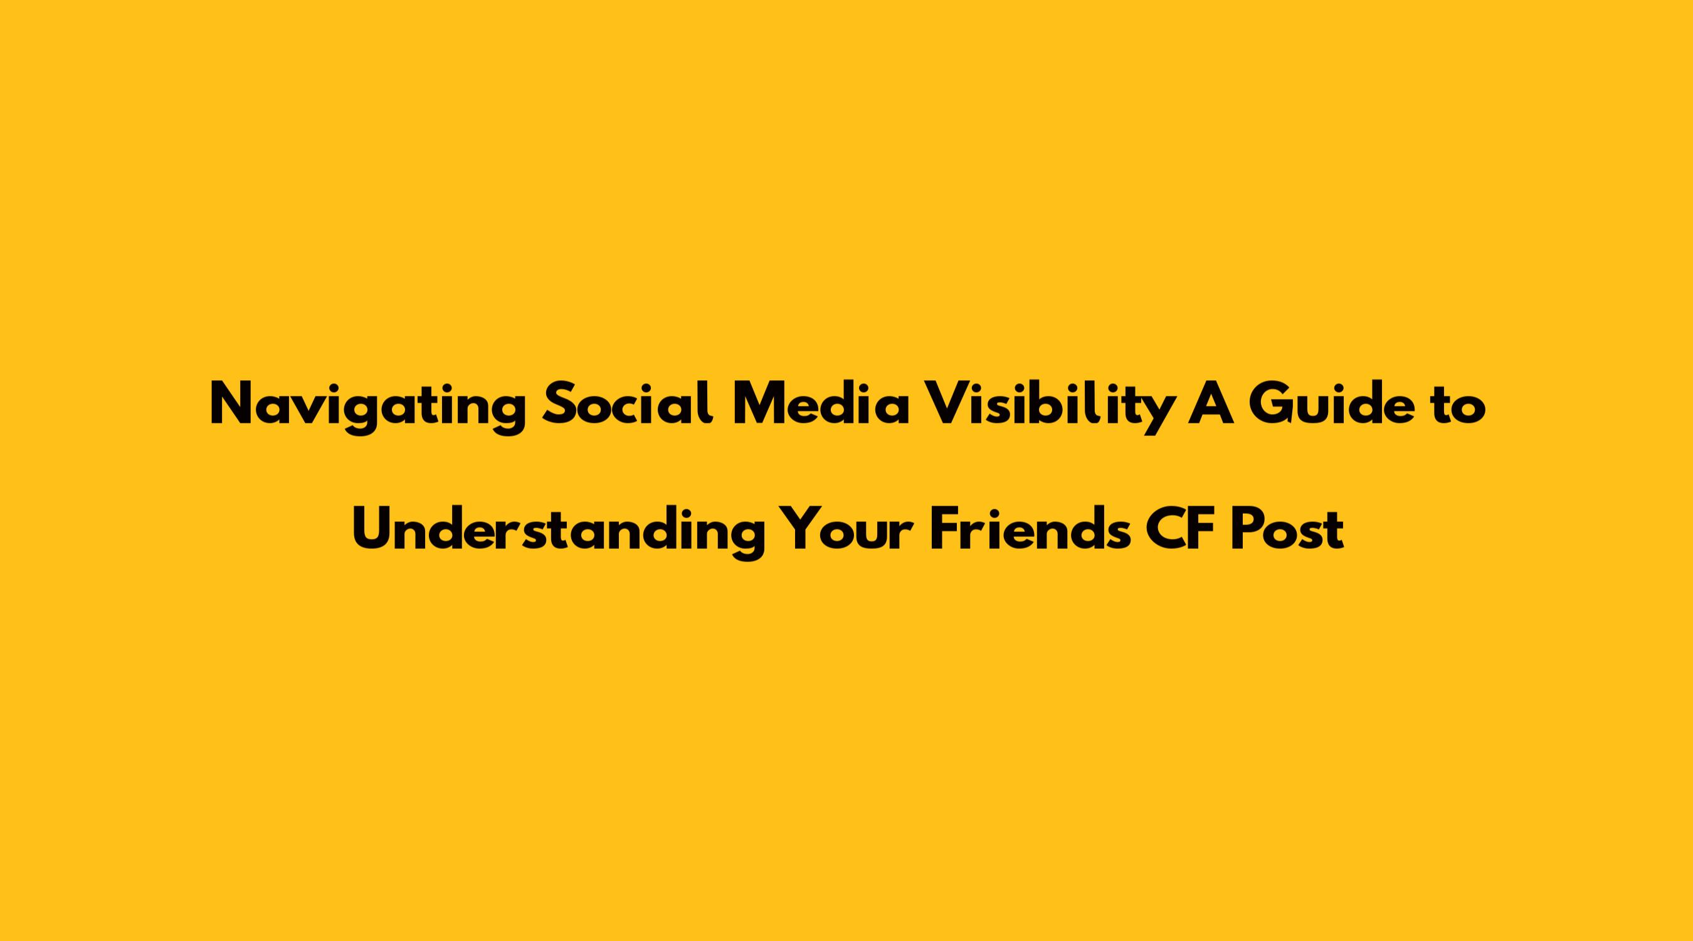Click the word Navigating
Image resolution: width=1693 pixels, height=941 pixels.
368,407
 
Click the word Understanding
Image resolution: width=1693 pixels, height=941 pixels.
559,531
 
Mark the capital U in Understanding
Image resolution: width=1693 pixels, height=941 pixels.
374,529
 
